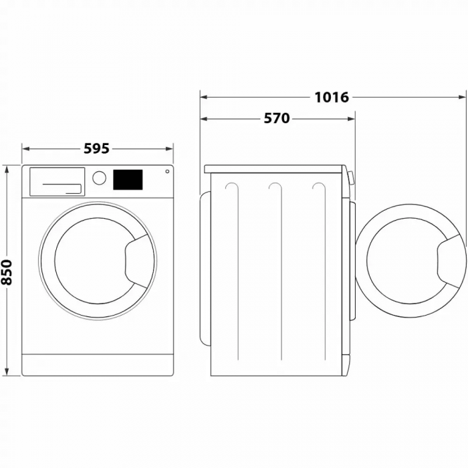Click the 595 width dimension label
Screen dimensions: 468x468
[96, 148]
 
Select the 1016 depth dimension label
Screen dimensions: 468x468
[332, 97]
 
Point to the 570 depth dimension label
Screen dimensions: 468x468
[276, 118]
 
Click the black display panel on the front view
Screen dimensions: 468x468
[127, 179]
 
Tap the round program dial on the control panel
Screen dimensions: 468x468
[99, 178]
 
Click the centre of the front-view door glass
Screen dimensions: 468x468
[90, 259]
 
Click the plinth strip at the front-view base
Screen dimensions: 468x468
[98, 365]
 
